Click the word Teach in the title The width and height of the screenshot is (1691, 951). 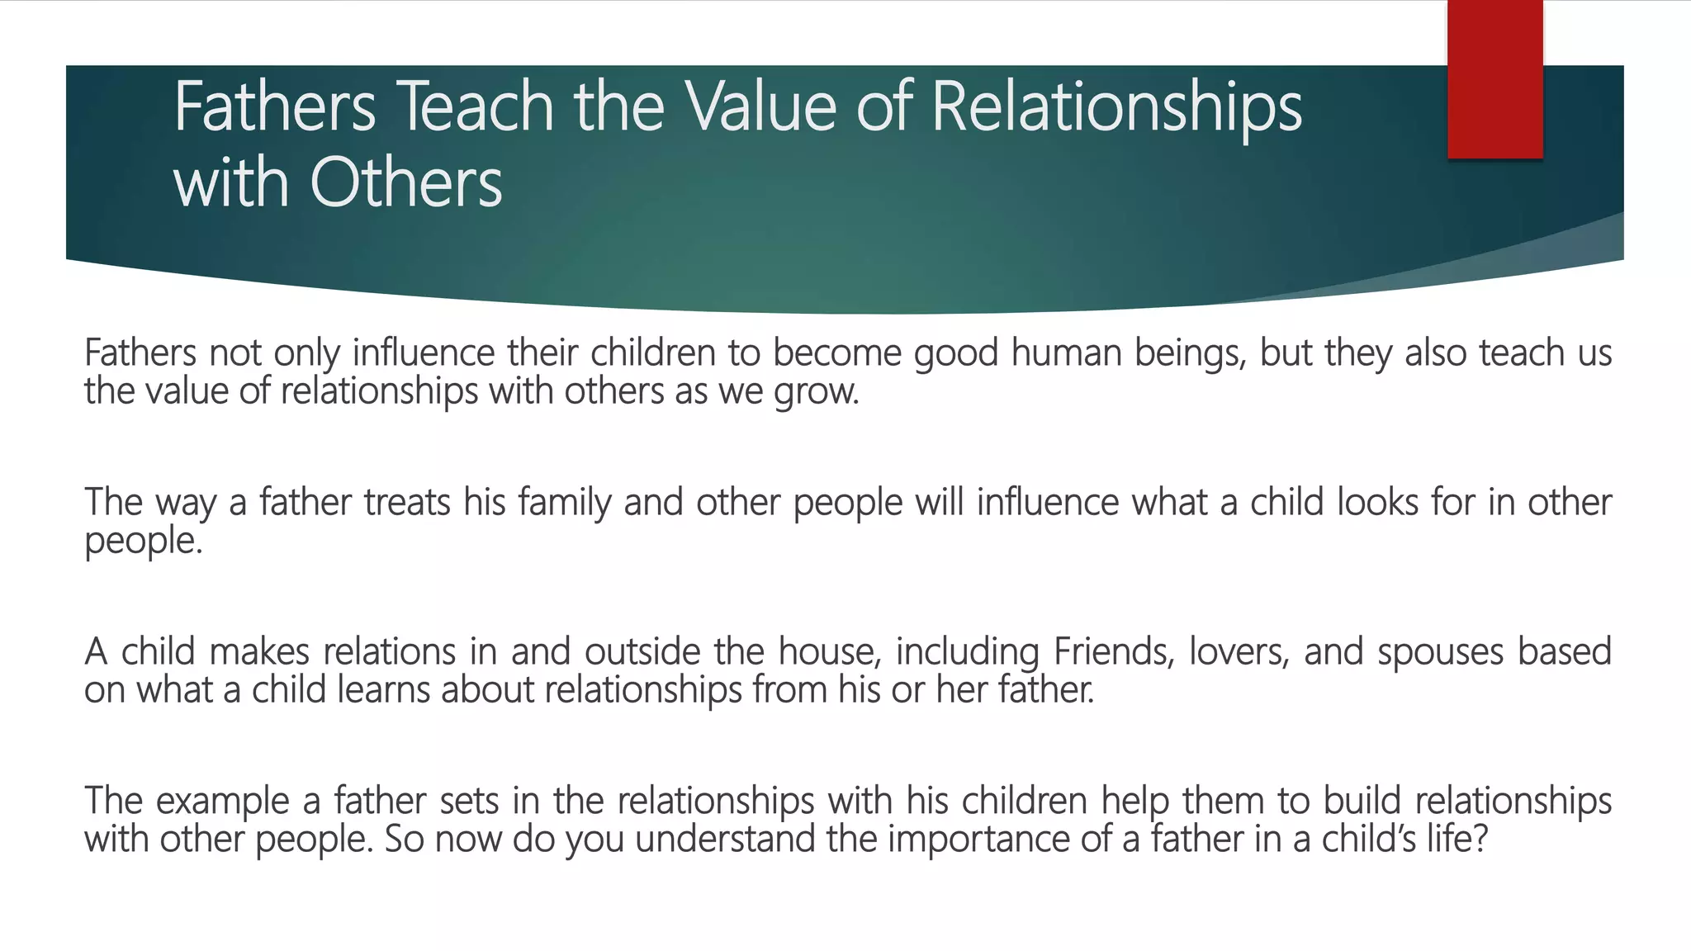click(x=476, y=106)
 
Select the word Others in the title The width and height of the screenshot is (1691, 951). click(x=405, y=183)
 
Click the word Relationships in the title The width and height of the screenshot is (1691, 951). click(x=1116, y=106)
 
